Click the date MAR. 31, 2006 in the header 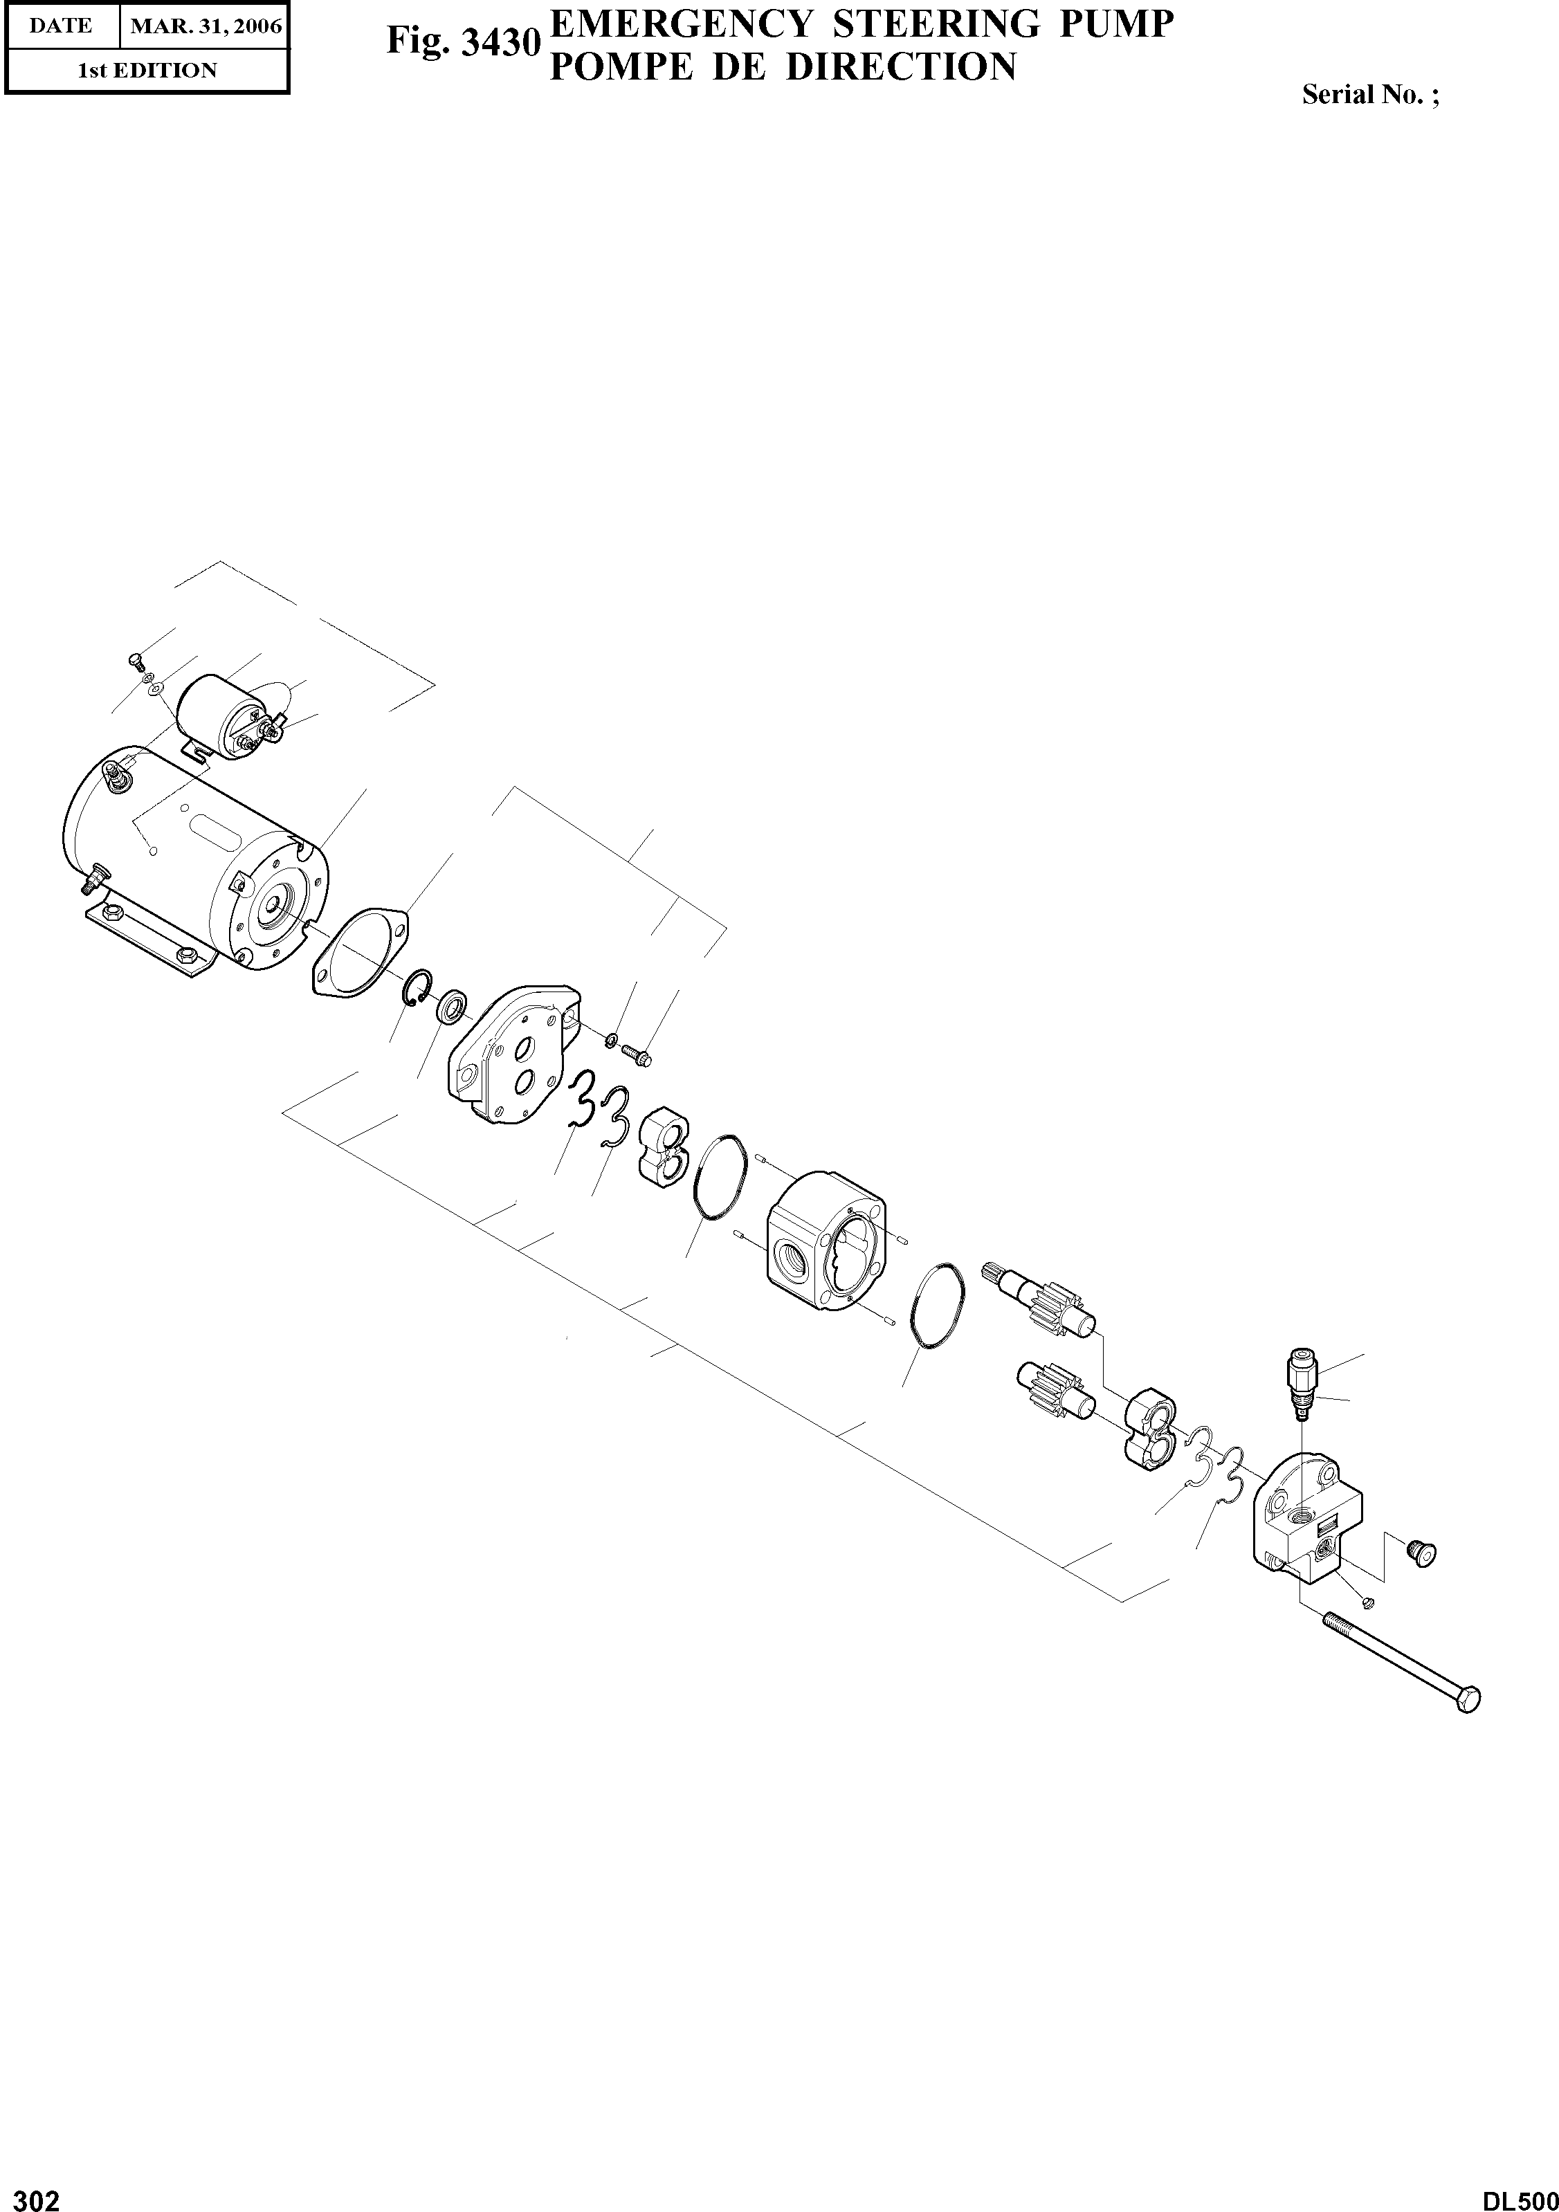click(206, 26)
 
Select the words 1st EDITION click(147, 71)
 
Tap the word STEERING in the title click(936, 24)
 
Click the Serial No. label click(1370, 94)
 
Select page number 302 click(31, 2193)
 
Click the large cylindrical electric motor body click(192, 857)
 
